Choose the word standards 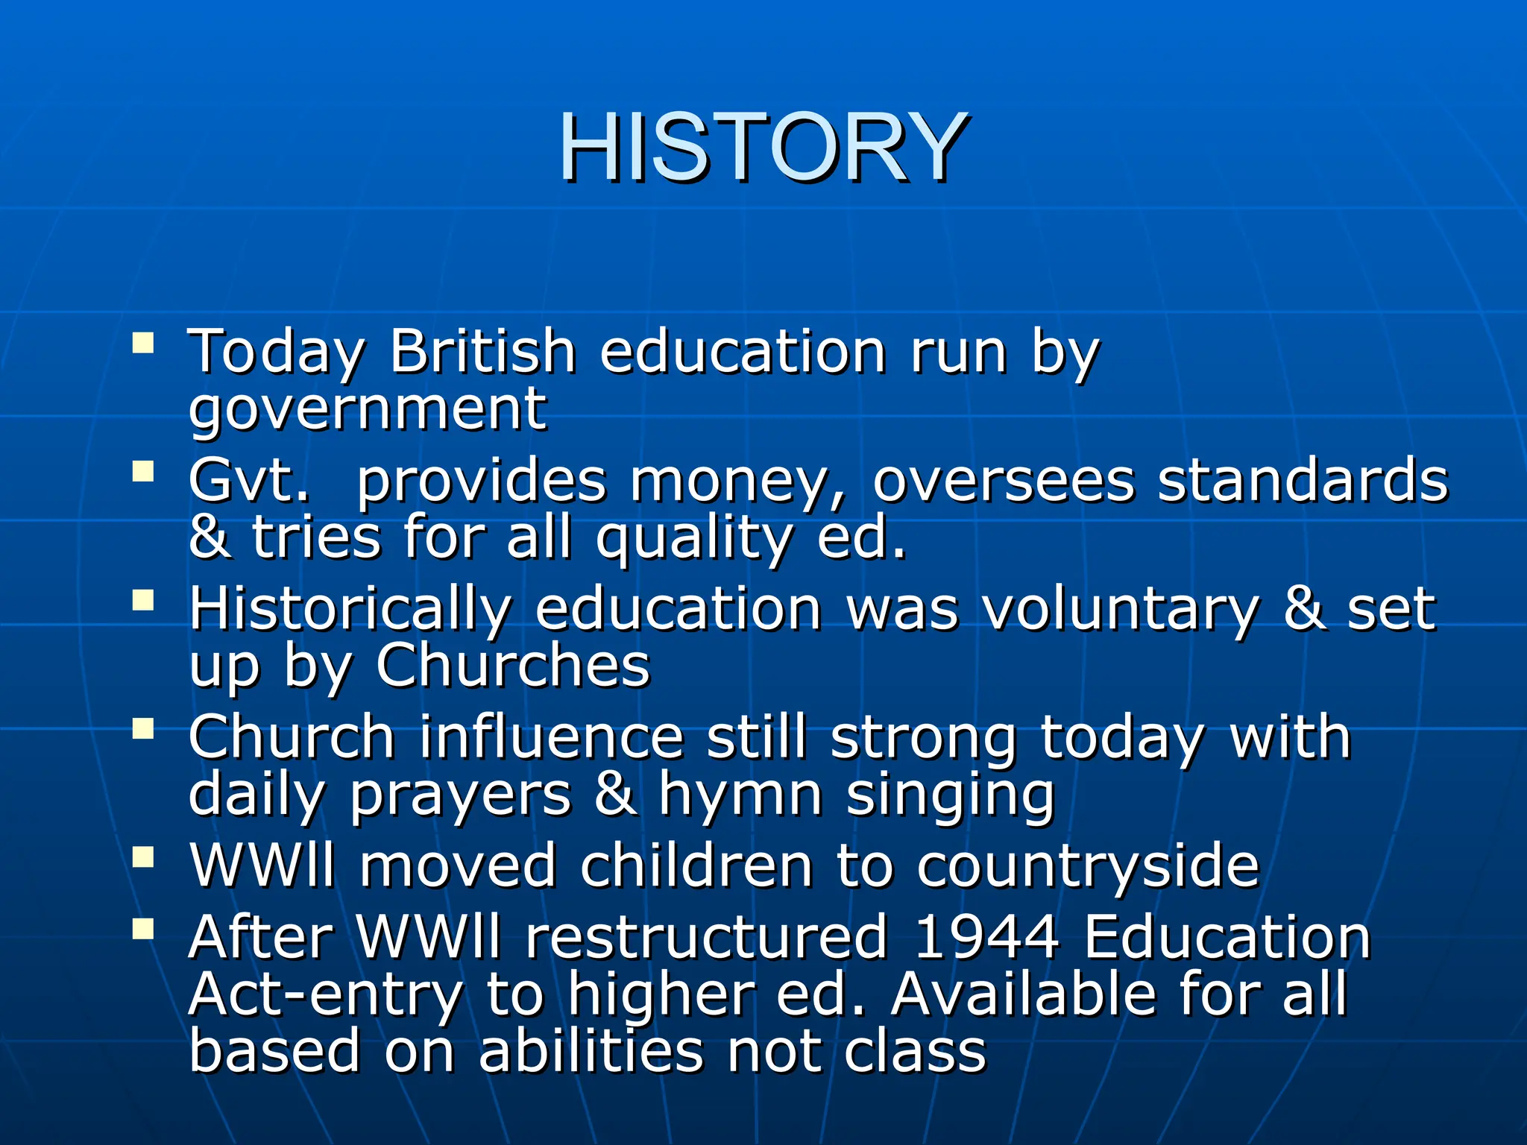point(1302,480)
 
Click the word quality point(693,538)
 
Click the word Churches point(513,665)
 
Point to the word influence point(551,736)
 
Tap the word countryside point(1088,866)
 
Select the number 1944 point(986,936)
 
